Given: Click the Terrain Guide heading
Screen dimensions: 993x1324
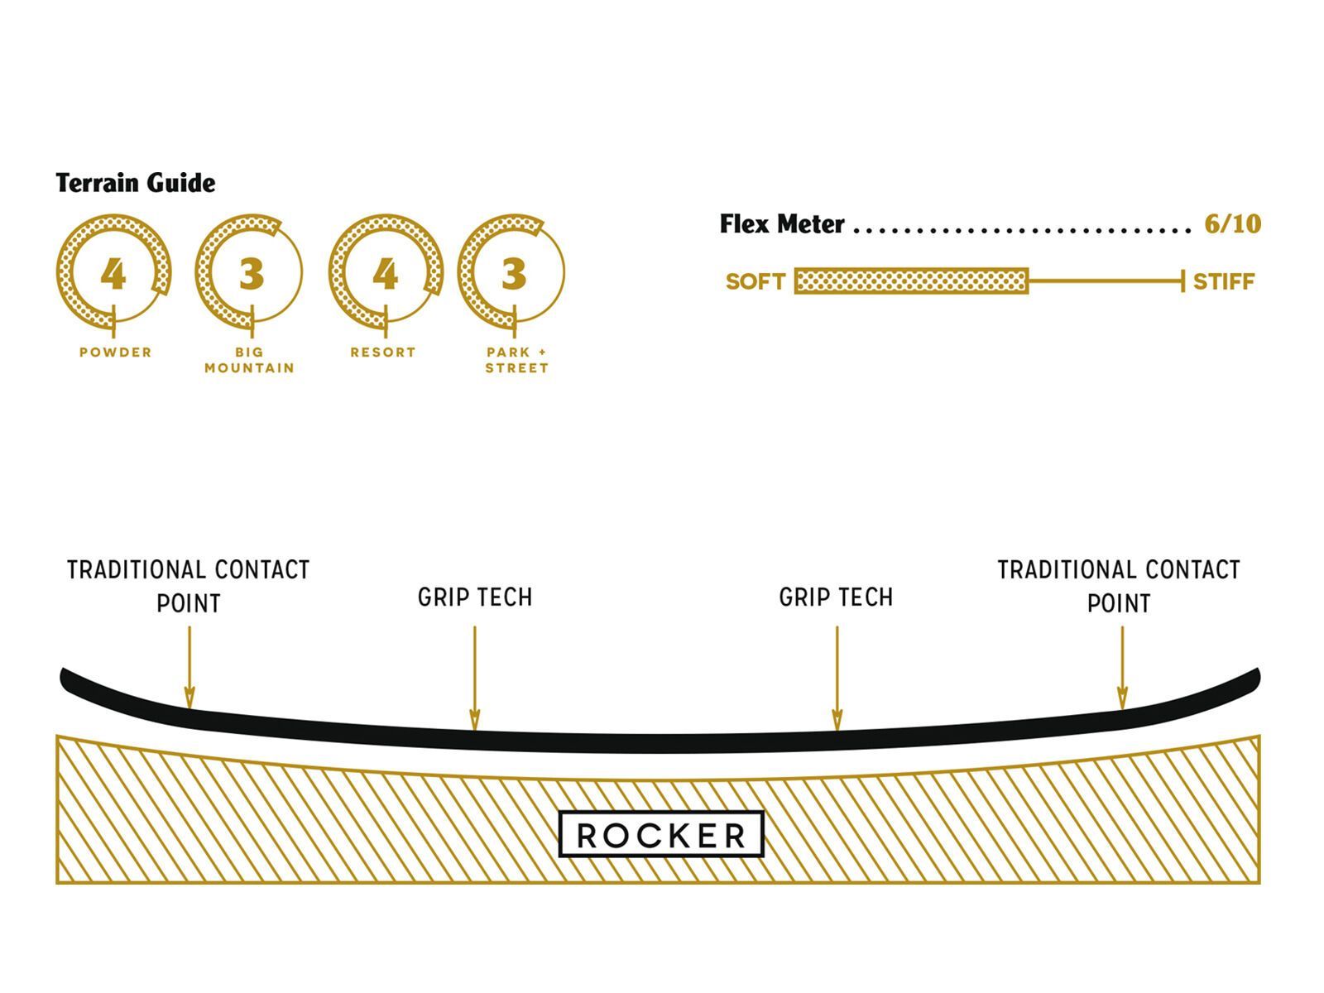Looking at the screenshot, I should click(136, 183).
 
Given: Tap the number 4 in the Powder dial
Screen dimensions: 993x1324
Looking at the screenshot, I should click(113, 274).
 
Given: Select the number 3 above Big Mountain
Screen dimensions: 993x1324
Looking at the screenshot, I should click(251, 274).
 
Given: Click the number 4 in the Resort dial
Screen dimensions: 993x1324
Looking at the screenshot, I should click(385, 274).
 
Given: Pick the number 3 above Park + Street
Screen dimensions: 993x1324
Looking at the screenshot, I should click(513, 274).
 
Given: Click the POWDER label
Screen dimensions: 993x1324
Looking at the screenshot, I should click(116, 353).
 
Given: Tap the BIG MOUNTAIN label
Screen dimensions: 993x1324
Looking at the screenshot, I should click(249, 360).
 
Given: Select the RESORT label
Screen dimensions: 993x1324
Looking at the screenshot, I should click(382, 353).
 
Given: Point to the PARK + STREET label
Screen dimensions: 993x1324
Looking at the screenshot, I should click(516, 360).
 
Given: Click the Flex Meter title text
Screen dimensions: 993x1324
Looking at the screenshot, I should click(782, 224).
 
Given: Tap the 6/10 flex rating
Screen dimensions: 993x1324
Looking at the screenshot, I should click(1232, 224).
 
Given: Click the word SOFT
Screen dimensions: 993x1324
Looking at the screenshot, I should click(755, 282).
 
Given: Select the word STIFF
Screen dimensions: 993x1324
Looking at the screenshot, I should click(1223, 282).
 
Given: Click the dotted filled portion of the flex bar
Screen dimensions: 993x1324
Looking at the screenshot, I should click(910, 281).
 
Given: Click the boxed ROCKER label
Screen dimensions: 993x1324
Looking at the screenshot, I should click(661, 835).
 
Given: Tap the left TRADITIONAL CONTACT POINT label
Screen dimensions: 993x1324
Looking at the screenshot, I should click(189, 587).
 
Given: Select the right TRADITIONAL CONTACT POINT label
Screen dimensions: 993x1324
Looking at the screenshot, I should click(1118, 587).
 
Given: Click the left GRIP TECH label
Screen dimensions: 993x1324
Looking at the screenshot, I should click(475, 597).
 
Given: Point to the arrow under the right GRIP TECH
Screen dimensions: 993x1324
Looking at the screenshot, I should click(837, 679).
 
